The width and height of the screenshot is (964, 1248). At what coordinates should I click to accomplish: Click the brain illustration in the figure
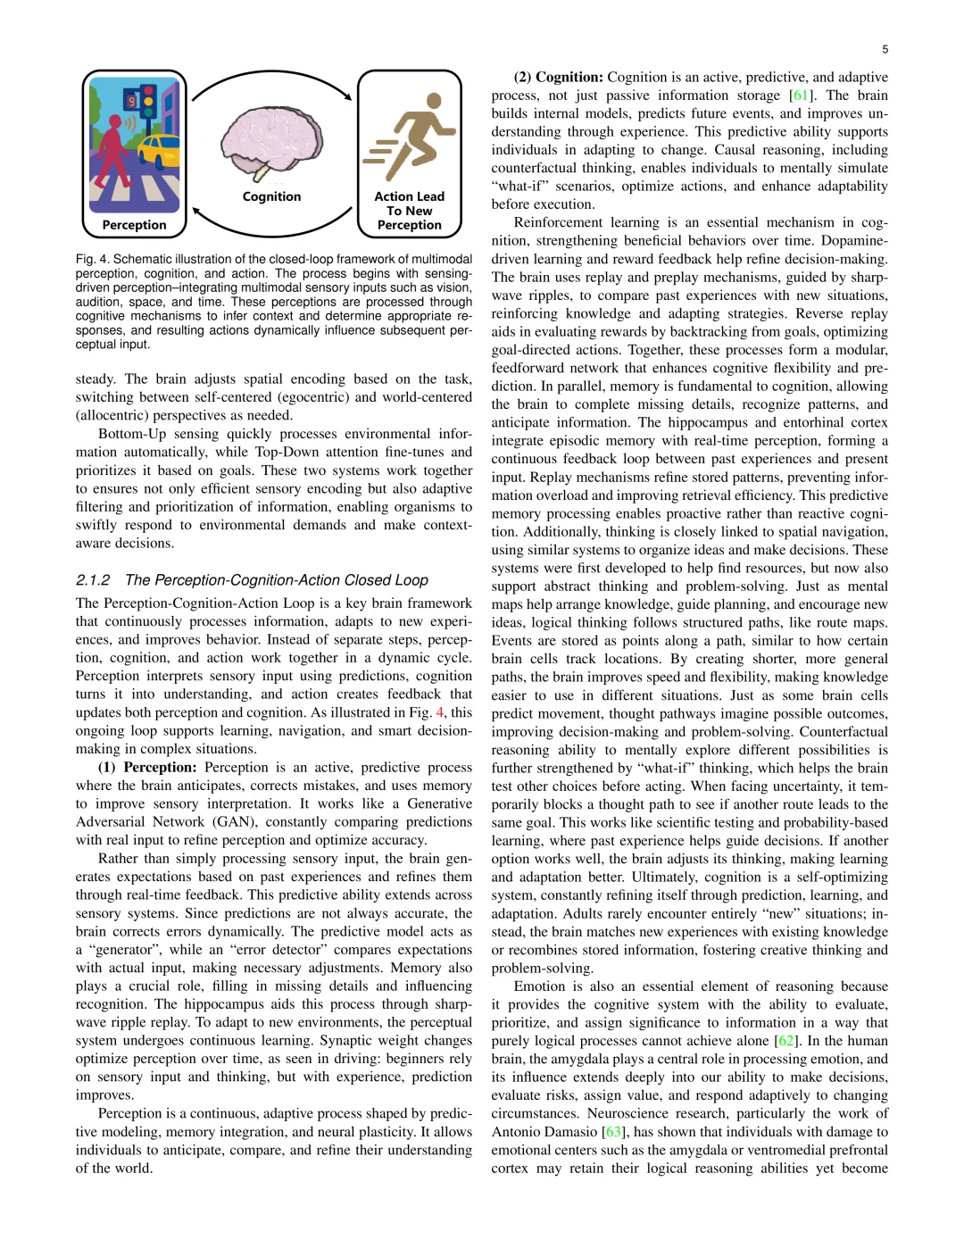pos(271,143)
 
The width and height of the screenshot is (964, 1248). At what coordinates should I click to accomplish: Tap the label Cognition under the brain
pos(271,196)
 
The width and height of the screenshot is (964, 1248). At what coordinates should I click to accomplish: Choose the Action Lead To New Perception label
pos(409,211)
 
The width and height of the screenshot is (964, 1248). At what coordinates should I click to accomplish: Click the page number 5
pos(885,49)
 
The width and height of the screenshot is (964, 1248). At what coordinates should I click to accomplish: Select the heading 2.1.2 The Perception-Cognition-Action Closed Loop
pos(252,580)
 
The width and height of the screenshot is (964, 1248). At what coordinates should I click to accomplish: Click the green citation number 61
pos(801,96)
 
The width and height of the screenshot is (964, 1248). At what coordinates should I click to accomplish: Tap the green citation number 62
pos(785,1041)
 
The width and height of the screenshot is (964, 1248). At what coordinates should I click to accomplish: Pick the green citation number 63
pos(612,1132)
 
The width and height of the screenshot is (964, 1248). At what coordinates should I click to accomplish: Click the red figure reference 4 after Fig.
pos(439,712)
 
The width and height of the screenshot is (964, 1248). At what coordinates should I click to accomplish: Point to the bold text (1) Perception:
pos(147,767)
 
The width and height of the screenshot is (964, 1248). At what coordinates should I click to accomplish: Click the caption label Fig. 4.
pos(92,259)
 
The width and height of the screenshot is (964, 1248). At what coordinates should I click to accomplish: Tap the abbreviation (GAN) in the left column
pos(235,821)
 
